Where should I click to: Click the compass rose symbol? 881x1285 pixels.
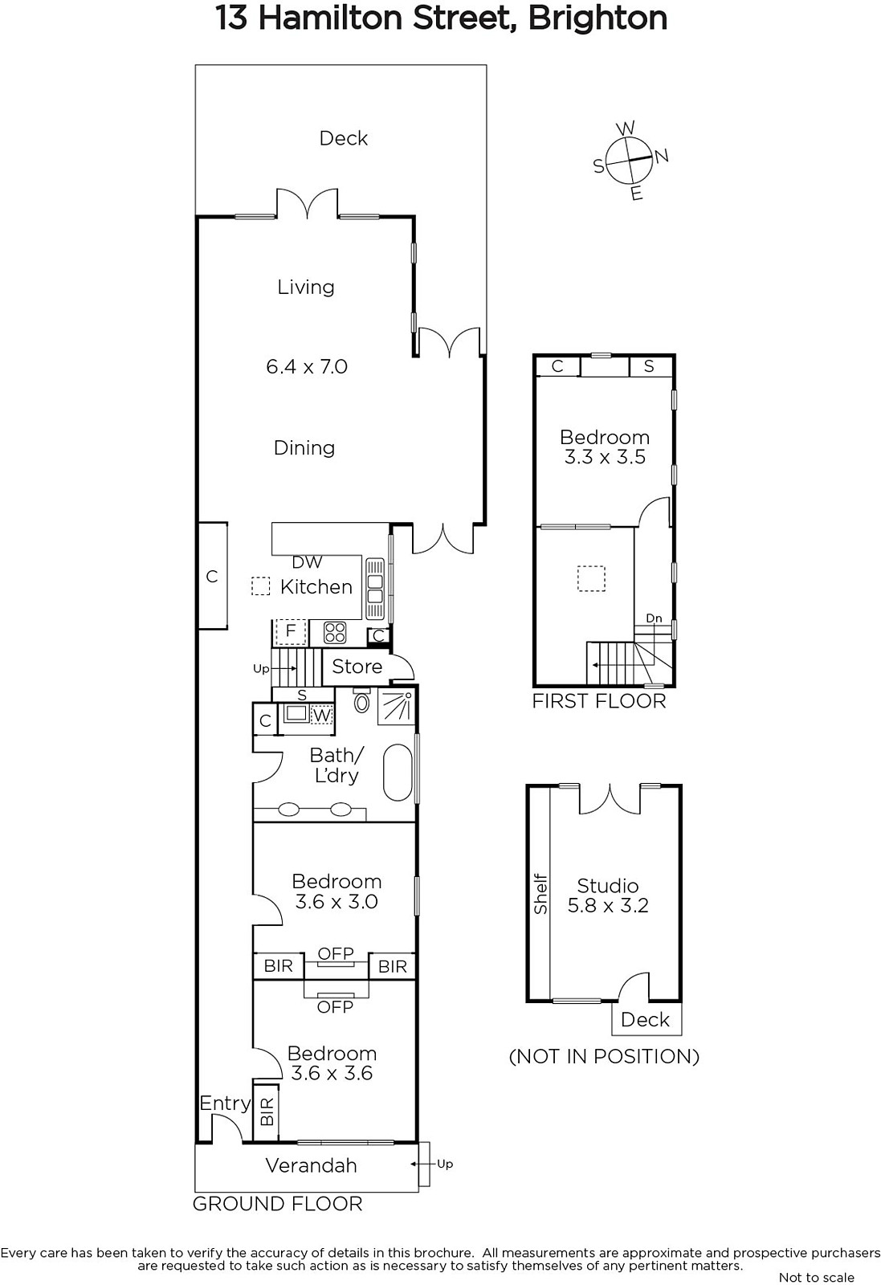click(x=630, y=161)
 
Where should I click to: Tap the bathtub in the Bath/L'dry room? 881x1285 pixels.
click(x=398, y=772)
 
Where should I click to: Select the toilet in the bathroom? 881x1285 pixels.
click(x=362, y=702)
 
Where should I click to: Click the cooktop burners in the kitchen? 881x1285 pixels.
click(x=335, y=633)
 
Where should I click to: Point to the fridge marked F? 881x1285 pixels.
click(x=290, y=631)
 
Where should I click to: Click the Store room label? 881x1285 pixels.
click(x=357, y=667)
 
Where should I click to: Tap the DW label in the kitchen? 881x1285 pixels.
click(x=308, y=562)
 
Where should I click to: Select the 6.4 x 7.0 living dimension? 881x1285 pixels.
click(x=307, y=366)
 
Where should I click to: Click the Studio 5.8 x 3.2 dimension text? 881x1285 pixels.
click(x=608, y=905)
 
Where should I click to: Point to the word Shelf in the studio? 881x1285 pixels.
click(x=540, y=894)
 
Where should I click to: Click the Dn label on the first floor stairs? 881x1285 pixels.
click(x=654, y=618)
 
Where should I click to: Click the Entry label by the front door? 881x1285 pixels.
click(x=225, y=1103)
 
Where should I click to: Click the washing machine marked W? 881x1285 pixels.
click(x=322, y=715)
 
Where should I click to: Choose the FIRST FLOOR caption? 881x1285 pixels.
click(x=599, y=701)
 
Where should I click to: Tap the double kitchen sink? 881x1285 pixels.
click(x=375, y=589)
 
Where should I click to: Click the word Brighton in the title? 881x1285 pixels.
click(x=597, y=18)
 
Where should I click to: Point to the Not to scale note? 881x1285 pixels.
click(x=816, y=1277)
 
